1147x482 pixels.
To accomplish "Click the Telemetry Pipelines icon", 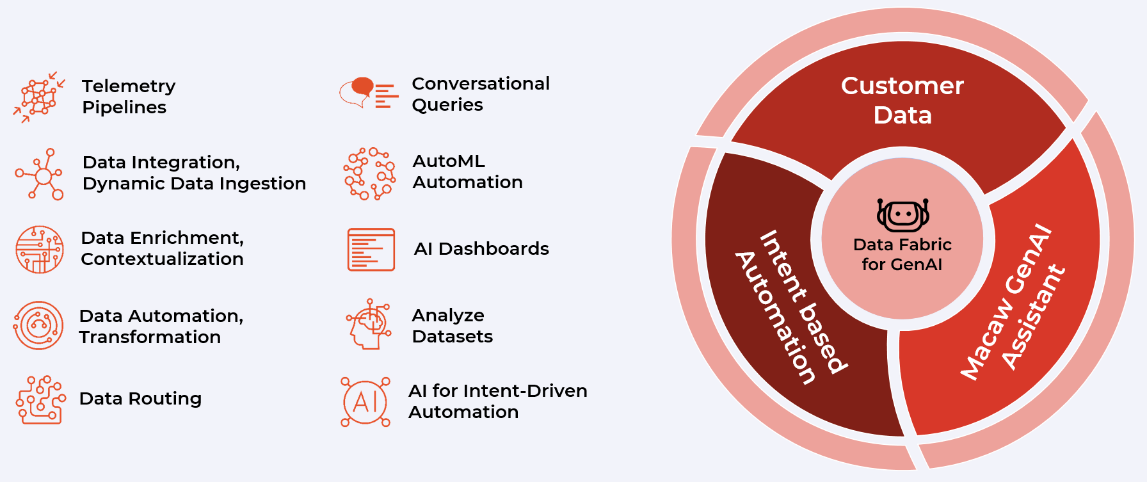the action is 39,97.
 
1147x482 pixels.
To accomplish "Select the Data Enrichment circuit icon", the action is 40,249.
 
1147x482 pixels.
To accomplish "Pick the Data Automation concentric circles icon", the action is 38,325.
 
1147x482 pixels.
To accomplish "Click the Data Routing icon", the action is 40,400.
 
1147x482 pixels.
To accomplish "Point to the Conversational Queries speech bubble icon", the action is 369,93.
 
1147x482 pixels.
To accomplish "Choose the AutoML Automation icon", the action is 370,173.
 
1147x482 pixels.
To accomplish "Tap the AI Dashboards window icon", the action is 371,250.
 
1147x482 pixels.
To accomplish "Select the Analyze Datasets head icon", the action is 369,324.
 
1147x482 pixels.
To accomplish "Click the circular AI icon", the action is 365,402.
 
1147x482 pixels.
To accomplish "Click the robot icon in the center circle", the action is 902,215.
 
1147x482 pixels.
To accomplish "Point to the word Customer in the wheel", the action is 902,86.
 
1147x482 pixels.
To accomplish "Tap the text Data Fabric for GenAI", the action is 902,254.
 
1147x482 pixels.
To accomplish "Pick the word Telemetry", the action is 129,86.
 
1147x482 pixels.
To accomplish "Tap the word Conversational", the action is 481,83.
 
